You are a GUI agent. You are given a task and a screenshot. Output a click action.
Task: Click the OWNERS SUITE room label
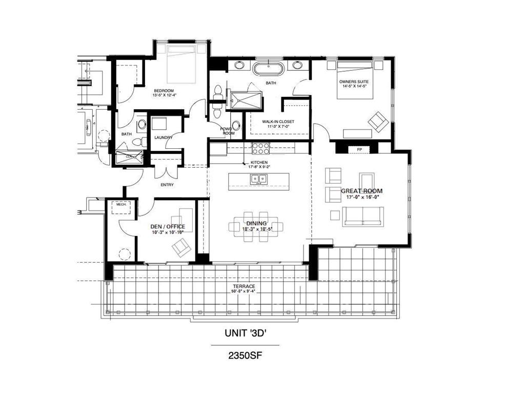354,82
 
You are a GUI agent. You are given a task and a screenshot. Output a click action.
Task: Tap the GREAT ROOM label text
362,191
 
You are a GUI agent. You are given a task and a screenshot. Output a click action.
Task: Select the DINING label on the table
256,223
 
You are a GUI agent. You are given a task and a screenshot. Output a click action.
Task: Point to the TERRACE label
244,286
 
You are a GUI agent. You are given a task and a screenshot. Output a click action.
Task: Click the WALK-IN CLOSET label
278,122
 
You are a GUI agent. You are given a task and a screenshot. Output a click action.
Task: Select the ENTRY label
167,184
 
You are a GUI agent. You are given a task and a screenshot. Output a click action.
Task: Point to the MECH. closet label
122,204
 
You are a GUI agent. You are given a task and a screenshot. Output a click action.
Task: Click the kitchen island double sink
258,179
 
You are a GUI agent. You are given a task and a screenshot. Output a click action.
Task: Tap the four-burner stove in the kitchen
261,148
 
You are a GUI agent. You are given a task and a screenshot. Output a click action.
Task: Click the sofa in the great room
363,215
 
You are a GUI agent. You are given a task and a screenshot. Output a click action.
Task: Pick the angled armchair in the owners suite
377,122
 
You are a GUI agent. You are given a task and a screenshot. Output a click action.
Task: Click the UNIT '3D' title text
245,332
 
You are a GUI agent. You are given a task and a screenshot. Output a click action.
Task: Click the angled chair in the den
180,249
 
